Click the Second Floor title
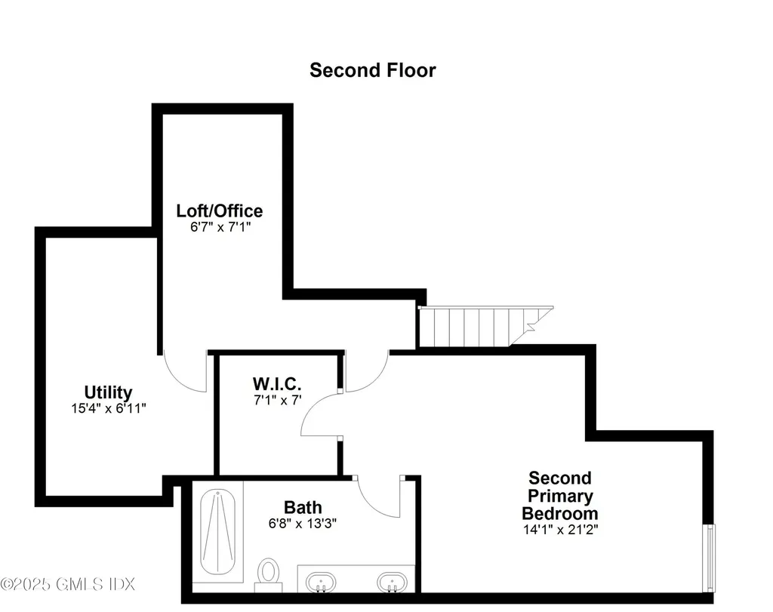[x=372, y=70]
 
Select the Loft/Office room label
[x=220, y=211]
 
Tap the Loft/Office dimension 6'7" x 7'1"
[x=220, y=226]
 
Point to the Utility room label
[x=108, y=392]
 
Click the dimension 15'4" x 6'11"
[x=108, y=407]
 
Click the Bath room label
[x=303, y=507]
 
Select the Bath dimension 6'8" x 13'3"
[x=303, y=523]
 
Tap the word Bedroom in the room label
[x=559, y=513]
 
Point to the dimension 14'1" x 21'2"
[x=559, y=529]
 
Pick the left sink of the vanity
[x=322, y=581]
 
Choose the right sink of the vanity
[x=391, y=581]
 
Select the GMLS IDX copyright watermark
[x=67, y=584]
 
